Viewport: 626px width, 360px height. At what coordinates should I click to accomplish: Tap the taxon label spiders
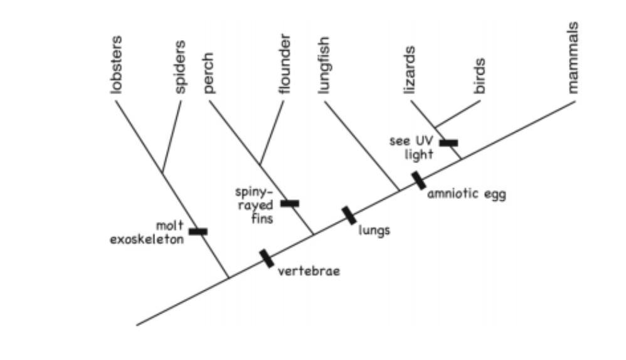pyautogui.click(x=180, y=66)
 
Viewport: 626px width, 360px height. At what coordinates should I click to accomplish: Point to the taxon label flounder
pyautogui.click(x=285, y=63)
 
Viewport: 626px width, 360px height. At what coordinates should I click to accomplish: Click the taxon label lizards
pyautogui.click(x=410, y=70)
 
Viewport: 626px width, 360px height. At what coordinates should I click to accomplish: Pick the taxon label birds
pyautogui.click(x=480, y=75)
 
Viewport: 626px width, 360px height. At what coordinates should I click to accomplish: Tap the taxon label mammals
pyautogui.click(x=572, y=57)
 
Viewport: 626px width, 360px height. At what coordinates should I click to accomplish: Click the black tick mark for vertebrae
pyautogui.click(x=267, y=258)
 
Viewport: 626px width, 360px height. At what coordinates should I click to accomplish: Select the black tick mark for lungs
pyautogui.click(x=349, y=215)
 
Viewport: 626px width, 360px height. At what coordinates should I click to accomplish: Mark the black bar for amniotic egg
pyautogui.click(x=419, y=180)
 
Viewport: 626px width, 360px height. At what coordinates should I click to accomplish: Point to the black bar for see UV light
pyautogui.click(x=448, y=143)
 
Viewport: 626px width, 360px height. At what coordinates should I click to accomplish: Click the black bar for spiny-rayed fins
pyautogui.click(x=290, y=203)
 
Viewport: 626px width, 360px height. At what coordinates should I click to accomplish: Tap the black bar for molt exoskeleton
pyautogui.click(x=198, y=231)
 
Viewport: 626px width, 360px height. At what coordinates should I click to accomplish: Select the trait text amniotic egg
pyautogui.click(x=466, y=194)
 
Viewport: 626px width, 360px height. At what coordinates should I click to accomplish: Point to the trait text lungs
pyautogui.click(x=374, y=230)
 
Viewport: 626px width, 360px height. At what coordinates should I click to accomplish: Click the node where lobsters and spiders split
pyautogui.click(x=162, y=172)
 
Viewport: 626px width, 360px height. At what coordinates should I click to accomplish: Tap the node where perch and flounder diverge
pyautogui.click(x=260, y=165)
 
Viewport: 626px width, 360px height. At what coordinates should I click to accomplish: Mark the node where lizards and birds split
pyautogui.click(x=435, y=127)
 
